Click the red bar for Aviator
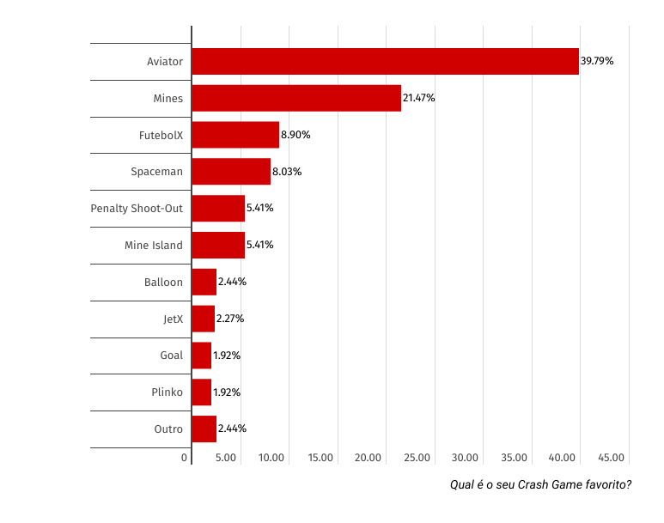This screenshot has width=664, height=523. tap(385, 62)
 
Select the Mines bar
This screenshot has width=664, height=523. tap(296, 99)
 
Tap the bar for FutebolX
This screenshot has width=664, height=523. tap(235, 135)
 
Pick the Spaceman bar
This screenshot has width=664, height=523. tap(231, 172)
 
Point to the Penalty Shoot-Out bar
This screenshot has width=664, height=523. tap(218, 209)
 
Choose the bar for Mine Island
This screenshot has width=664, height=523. tap(218, 246)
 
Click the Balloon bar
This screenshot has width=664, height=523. tap(204, 282)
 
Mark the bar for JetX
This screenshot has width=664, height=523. tap(203, 319)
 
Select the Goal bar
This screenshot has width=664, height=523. tap(201, 356)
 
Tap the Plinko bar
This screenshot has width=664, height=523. tap(201, 392)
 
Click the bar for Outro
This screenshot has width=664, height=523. tap(204, 429)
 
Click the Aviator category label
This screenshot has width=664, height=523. tap(164, 62)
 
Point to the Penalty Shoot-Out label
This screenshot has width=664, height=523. tap(137, 209)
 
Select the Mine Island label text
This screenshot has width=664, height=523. tap(153, 246)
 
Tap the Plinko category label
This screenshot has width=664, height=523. tap(167, 392)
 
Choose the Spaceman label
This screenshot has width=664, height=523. tap(156, 172)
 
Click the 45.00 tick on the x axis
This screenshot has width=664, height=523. tap(611, 458)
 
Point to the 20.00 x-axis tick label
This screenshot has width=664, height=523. tap(368, 458)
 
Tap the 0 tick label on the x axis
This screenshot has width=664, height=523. tap(185, 458)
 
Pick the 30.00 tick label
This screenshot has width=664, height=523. tap(465, 458)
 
